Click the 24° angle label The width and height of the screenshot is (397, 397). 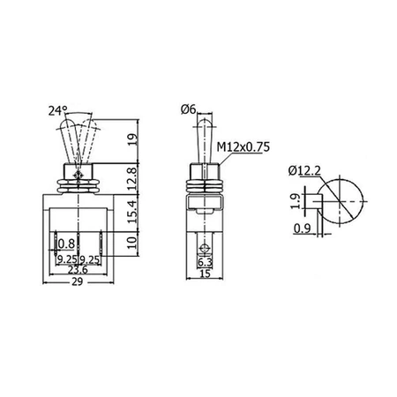(x=57, y=111)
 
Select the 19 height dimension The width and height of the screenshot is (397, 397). (x=133, y=140)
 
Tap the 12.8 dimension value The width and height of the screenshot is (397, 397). (x=133, y=178)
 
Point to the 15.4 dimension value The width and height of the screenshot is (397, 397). (x=133, y=211)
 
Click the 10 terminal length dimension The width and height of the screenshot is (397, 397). (x=133, y=243)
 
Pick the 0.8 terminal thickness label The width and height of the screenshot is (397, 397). (x=66, y=243)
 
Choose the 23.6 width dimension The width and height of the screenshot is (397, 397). (x=78, y=269)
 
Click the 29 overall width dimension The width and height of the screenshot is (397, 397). (x=78, y=281)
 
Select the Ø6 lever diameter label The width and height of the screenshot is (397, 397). (x=188, y=109)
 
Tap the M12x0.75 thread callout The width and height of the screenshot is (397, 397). (x=243, y=147)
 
